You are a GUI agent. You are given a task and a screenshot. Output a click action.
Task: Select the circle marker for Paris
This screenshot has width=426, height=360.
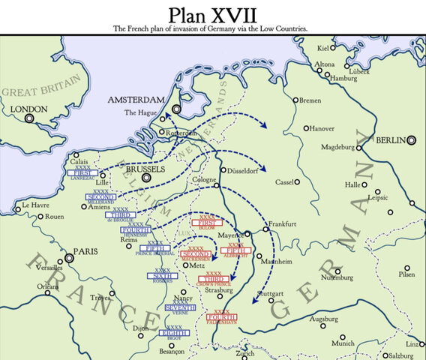70,257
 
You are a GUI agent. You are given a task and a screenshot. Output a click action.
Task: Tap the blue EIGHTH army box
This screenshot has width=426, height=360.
173,331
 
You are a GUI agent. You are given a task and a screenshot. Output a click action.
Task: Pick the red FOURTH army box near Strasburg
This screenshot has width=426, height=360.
223,316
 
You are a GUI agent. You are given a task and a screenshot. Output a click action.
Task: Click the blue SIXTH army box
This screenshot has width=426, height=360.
163,276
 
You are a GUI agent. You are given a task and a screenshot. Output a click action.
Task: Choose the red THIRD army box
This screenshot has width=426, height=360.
213,279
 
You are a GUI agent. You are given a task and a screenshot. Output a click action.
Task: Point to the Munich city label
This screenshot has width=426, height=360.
343,343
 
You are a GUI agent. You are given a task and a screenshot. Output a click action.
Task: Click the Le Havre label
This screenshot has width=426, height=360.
34,205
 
